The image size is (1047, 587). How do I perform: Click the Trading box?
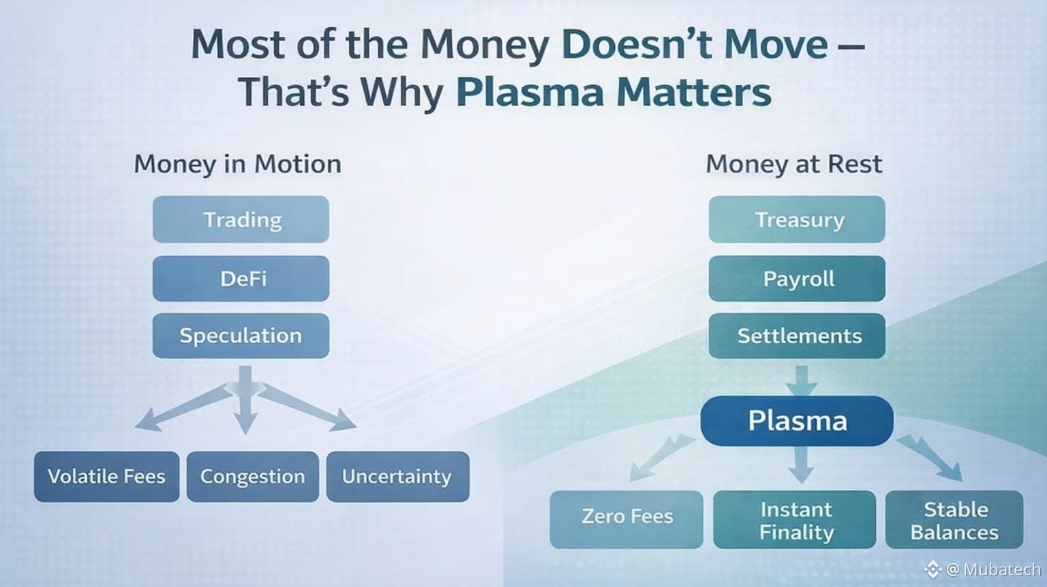[241, 219]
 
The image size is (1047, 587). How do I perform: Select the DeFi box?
[241, 279]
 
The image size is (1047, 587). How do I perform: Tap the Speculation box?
[241, 336]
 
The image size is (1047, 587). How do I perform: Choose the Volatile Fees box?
[106, 477]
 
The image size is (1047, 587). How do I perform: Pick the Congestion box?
[253, 477]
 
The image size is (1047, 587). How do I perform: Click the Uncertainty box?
[398, 477]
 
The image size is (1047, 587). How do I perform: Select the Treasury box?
[797, 219]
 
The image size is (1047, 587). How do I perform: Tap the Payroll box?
[797, 279]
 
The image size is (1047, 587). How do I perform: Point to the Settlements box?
[797, 336]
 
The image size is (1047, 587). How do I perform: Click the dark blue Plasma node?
[797, 421]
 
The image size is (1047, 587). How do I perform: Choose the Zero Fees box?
[626, 520]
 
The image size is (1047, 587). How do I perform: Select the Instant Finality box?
[795, 520]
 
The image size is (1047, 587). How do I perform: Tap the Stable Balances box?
[954, 520]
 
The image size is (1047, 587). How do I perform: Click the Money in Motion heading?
[237, 164]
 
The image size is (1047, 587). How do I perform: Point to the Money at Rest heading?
[794, 164]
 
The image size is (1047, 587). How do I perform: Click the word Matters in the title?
[694, 92]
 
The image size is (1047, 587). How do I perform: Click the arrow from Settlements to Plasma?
[801, 381]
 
